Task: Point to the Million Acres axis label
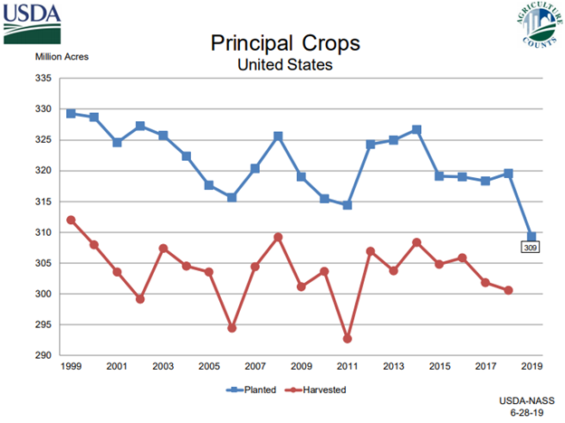(62, 58)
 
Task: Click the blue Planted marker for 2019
(531, 237)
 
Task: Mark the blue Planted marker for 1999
(71, 114)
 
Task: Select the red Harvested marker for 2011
(347, 338)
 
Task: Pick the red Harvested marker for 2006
(232, 328)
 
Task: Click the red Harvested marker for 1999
(71, 220)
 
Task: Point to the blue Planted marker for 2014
(417, 129)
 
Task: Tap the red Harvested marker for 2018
(508, 290)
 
